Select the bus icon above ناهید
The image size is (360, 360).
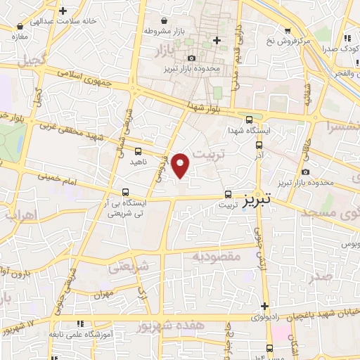(138, 150)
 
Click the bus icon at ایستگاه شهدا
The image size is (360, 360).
(249, 120)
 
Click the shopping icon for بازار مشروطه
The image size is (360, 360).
(164, 20)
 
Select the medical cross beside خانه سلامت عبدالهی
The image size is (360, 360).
(64, 11)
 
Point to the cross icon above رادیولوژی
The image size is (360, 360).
(264, 306)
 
